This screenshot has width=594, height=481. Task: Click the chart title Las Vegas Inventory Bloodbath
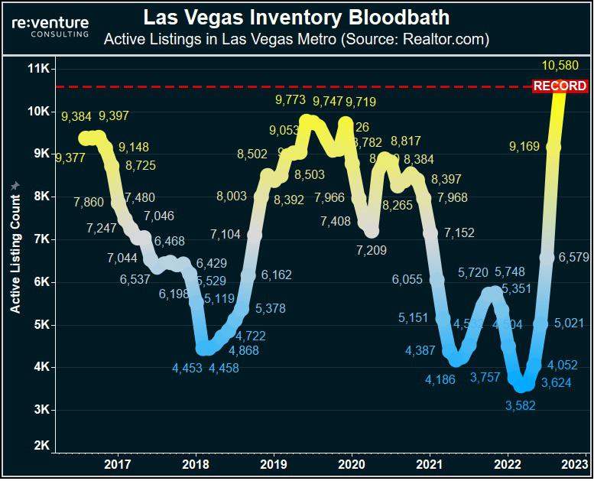pyautogui.click(x=296, y=16)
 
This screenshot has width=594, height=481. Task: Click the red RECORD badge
pyautogui.click(x=560, y=86)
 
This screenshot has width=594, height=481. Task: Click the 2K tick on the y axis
pyautogui.click(x=40, y=445)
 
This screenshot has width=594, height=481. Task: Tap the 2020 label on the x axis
pyautogui.click(x=352, y=463)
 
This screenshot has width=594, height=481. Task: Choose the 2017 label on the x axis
pyautogui.click(x=117, y=463)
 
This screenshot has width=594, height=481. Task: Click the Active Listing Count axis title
pyautogui.click(x=15, y=247)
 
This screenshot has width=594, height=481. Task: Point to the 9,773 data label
pyautogui.click(x=291, y=99)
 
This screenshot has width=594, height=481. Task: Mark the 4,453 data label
pyautogui.click(x=187, y=368)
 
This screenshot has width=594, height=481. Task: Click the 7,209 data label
pyautogui.click(x=371, y=249)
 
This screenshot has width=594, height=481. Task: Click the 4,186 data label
pyautogui.click(x=440, y=379)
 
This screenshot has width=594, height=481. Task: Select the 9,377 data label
pyautogui.click(x=71, y=158)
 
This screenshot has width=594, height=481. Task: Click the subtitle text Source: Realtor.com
pyautogui.click(x=428, y=37)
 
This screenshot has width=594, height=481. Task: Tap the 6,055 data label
pyautogui.click(x=407, y=280)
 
